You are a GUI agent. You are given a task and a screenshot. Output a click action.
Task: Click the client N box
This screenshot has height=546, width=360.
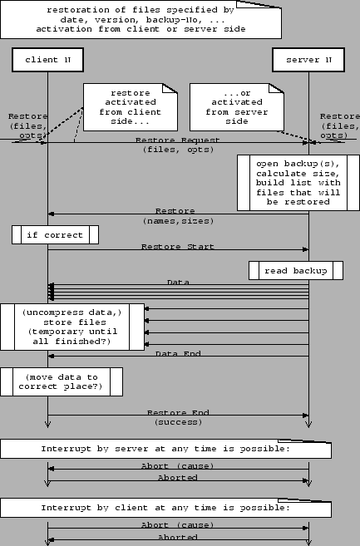tap(47, 60)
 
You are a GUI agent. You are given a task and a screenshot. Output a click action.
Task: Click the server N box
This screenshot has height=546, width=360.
tap(308, 60)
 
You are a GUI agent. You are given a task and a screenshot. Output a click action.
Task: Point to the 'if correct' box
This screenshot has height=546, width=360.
tap(55, 235)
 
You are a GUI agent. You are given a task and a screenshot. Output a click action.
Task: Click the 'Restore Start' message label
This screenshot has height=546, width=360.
tap(177, 247)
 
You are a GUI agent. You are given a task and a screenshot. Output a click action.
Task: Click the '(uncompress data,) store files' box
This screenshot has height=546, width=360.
tap(72, 327)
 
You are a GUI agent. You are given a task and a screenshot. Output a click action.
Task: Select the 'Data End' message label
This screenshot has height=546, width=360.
tap(178, 354)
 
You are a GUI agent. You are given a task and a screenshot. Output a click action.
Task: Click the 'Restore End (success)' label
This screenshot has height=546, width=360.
tap(178, 417)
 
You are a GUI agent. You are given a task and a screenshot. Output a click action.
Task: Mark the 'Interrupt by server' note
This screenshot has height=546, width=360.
tap(165, 449)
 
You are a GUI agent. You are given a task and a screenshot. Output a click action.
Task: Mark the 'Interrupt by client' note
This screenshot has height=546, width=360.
tap(165, 507)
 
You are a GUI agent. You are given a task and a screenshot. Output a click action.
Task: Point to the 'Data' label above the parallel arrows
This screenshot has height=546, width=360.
tap(178, 283)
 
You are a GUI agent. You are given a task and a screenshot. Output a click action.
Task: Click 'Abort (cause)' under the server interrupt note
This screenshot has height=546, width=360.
tap(178, 466)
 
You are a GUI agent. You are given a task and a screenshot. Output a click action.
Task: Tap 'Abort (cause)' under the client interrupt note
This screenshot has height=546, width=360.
tap(178, 524)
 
